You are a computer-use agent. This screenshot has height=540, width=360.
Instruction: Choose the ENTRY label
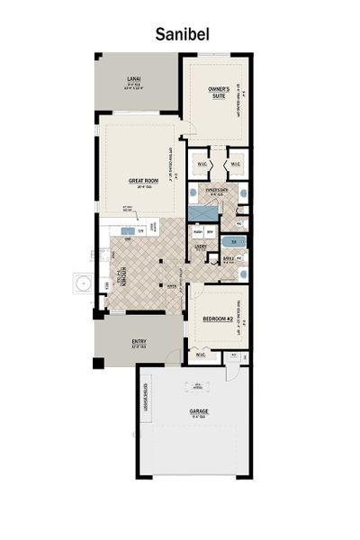point(139,341)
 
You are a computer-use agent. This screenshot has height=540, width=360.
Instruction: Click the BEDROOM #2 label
point(217,319)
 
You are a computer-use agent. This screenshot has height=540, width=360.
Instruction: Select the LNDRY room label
point(203,243)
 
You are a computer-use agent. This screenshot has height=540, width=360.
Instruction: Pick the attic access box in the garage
point(195,390)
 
